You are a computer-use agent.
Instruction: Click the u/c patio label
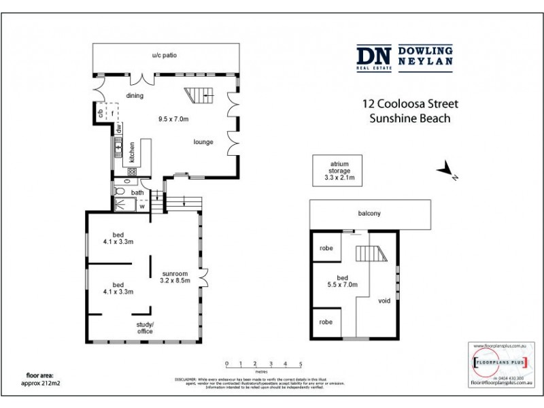[164, 54]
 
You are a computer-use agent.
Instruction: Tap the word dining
[134, 96]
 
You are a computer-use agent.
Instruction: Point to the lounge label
[203, 142]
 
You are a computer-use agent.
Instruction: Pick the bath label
[137, 192]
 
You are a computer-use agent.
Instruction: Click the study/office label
[145, 328]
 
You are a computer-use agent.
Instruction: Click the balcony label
[370, 214]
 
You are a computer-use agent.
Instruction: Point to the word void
[384, 301]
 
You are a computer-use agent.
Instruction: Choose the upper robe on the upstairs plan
[326, 249]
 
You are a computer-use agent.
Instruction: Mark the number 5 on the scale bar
[300, 364]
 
